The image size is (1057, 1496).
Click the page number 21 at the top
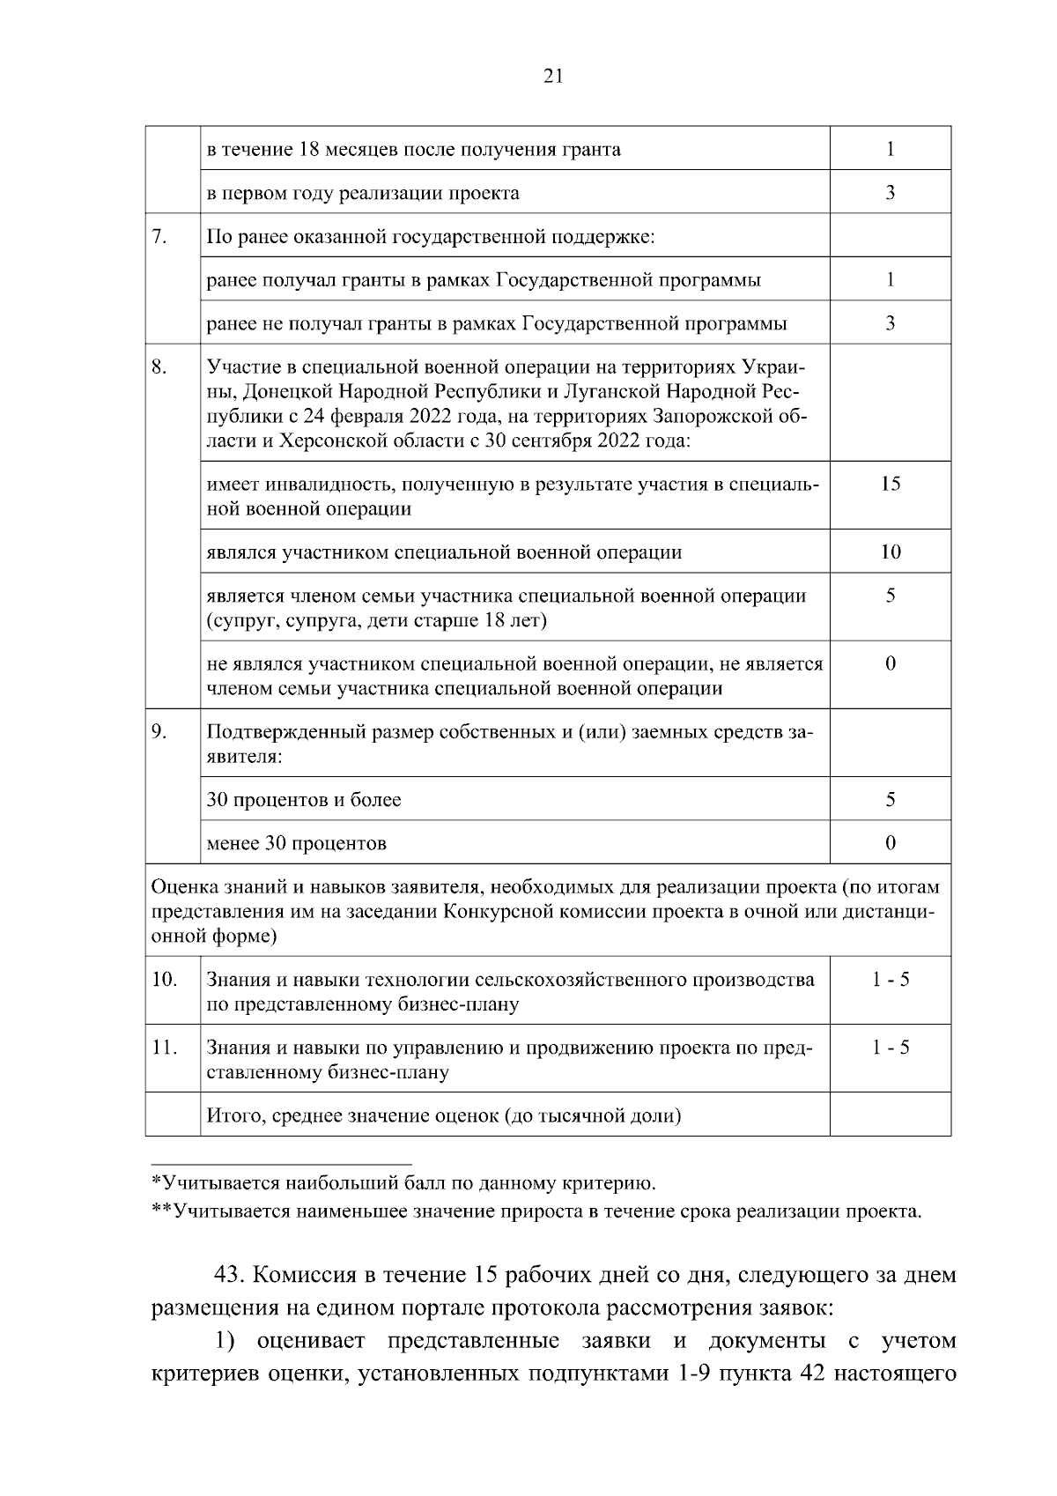click(x=552, y=76)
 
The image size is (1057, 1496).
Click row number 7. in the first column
click(x=159, y=235)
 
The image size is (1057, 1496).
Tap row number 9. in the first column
click(x=159, y=732)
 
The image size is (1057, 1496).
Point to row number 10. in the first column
click(x=165, y=980)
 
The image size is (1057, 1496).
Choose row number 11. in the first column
click(x=165, y=1048)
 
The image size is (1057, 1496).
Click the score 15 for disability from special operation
click(x=890, y=484)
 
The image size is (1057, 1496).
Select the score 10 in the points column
click(x=890, y=552)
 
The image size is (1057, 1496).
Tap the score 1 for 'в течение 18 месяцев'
click(x=890, y=149)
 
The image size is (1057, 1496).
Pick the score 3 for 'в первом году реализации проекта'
click(x=890, y=192)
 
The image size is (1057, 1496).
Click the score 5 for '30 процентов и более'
click(x=890, y=799)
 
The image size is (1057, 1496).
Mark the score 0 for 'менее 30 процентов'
click(x=890, y=842)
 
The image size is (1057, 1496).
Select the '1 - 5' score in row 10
click(x=890, y=980)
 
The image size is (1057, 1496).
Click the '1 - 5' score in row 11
click(x=890, y=1048)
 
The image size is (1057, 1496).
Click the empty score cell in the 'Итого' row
click(x=890, y=1115)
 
